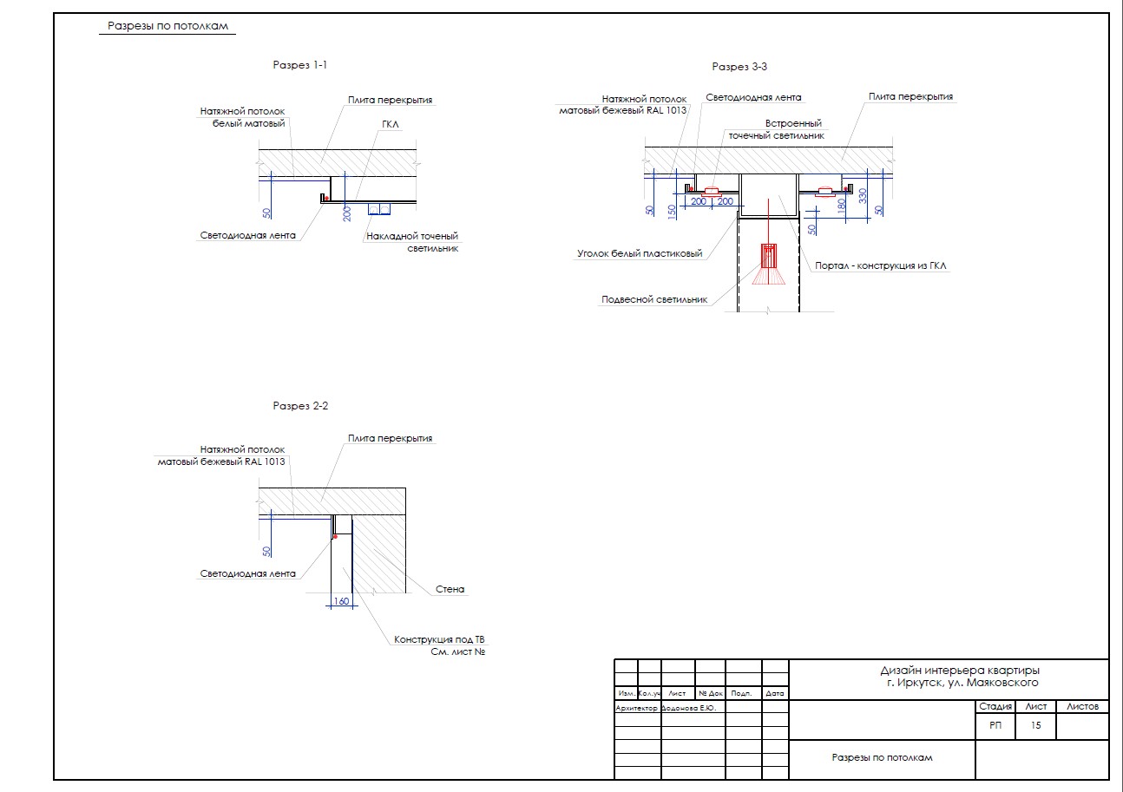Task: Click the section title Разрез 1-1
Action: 299,65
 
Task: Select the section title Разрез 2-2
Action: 300,405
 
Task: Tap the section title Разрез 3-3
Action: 739,67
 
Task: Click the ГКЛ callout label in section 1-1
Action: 390,124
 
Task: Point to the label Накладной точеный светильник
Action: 412,242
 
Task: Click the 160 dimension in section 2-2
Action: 341,601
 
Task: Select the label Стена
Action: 450,589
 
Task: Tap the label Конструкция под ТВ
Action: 439,639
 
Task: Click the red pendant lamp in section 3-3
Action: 769,264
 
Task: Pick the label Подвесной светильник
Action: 654,300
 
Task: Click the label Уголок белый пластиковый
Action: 640,253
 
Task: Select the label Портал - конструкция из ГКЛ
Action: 880,265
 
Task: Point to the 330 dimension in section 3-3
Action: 863,195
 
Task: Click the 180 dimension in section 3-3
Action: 842,205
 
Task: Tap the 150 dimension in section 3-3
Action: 672,212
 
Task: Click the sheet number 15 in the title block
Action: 1035,725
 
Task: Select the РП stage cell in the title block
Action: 995,725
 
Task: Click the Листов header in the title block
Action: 1082,706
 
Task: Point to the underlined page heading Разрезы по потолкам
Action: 167,26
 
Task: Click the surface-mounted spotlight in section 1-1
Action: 379,209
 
